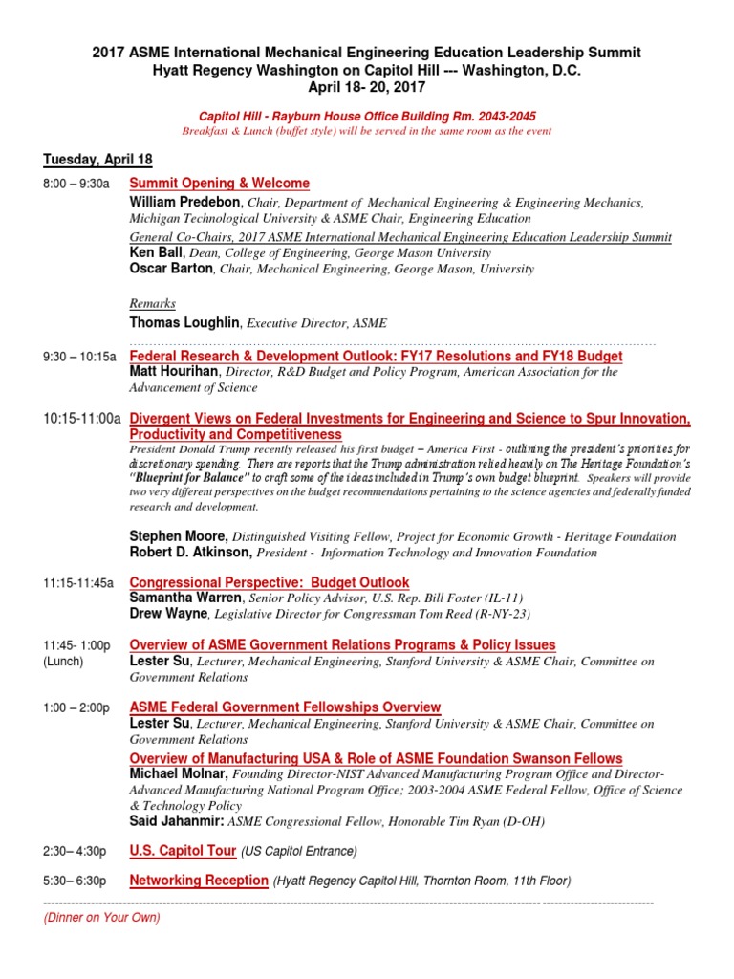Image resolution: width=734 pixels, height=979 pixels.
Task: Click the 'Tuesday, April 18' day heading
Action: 97,160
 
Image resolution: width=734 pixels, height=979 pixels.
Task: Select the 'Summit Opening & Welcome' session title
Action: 219,184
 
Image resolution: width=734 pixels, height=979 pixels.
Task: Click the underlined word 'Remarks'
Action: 152,303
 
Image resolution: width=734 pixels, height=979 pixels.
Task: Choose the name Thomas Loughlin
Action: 185,323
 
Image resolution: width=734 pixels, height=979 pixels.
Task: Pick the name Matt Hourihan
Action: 174,372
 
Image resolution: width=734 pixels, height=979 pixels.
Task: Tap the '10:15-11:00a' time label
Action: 82,419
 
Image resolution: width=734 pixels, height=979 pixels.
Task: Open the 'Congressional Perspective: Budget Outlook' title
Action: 270,582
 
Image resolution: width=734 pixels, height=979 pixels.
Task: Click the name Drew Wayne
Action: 167,613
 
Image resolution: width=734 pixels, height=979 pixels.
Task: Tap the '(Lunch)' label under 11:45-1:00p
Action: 64,662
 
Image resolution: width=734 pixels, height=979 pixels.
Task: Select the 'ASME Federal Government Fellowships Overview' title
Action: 285,707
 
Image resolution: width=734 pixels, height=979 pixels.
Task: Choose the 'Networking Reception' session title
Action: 199,881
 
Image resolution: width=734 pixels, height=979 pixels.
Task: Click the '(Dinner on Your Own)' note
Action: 101,918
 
